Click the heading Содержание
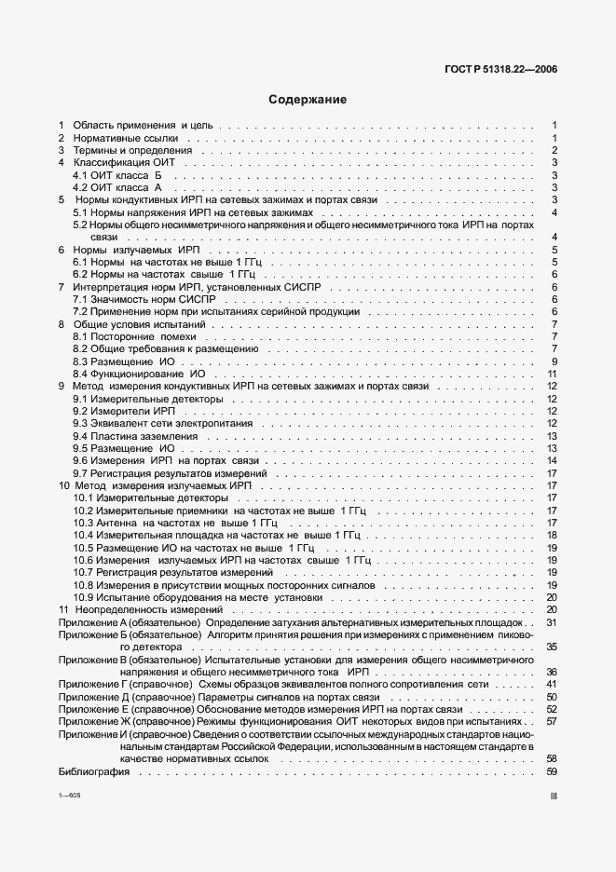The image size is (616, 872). pos(308,100)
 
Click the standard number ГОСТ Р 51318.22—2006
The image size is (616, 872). pos(506,69)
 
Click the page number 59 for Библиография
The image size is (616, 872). pos(552,771)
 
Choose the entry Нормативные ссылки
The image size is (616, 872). pos(120,138)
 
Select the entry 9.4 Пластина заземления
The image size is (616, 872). pos(135,436)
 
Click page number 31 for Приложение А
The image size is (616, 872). pos(552,621)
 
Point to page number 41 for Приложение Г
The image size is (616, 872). pos(552,684)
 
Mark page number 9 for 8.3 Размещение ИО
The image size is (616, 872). pos(554,361)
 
